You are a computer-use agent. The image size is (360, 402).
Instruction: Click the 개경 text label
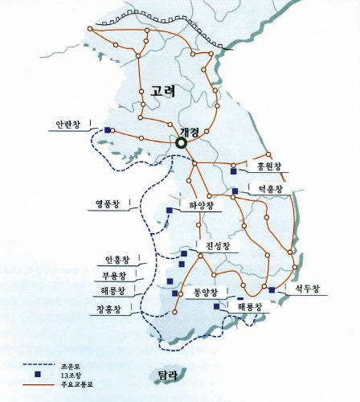190,131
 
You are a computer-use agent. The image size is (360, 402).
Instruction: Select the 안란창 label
68,126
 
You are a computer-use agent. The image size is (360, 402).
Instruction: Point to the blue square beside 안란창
107,130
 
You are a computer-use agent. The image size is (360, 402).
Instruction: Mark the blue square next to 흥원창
234,170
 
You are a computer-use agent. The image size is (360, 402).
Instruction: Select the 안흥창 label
117,259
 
